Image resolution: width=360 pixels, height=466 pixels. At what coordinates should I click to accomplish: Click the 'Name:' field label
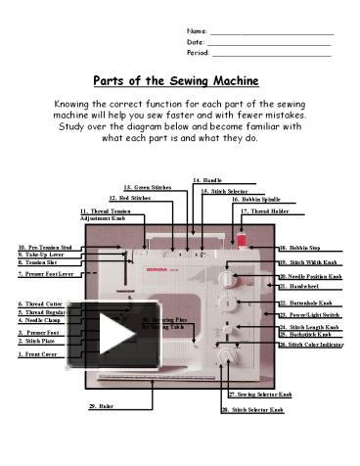tap(197, 31)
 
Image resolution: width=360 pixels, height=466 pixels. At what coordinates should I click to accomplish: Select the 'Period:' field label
tap(199, 53)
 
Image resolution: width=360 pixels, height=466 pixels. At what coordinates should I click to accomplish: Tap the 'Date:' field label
tap(196, 42)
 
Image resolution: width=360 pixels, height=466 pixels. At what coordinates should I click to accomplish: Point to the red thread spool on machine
tap(241, 239)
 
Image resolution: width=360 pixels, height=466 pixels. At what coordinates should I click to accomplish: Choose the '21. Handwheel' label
tap(299, 288)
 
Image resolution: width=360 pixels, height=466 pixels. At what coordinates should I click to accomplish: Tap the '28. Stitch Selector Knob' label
tap(251, 409)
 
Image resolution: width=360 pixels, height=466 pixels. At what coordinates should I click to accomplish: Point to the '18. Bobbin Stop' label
tap(300, 249)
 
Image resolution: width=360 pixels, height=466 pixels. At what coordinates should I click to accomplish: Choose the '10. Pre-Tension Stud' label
tap(45, 247)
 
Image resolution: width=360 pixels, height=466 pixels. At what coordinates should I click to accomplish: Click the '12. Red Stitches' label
tap(130, 198)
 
